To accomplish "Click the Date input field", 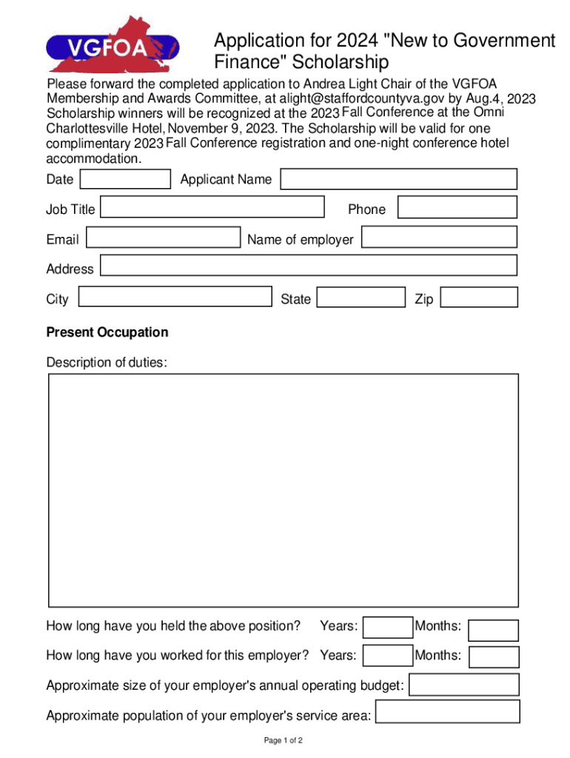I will pos(125,179).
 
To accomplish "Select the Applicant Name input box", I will pos(399,179).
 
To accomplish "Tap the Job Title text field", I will pos(212,207).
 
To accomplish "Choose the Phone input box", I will pos(457,208).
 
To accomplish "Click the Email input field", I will pos(164,238).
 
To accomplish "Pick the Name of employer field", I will pos(440,237).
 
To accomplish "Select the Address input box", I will pos(309,266).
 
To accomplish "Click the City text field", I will pos(175,297).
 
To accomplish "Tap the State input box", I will pos(361,298).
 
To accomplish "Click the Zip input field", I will pos(480,298).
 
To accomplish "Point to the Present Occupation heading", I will pos(107,332).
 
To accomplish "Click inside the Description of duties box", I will pos(284,490).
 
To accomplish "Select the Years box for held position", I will pos(388,628).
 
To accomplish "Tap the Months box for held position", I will pos(494,630).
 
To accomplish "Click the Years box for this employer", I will pos(388,656).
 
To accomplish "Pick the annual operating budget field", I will pos(464,685).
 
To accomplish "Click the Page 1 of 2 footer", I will pos(284,741).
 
